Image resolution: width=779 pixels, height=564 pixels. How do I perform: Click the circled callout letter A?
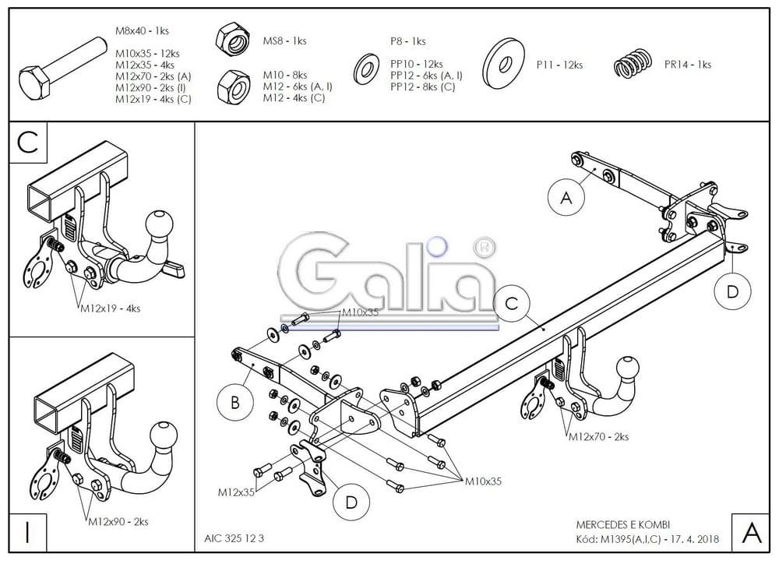(x=566, y=198)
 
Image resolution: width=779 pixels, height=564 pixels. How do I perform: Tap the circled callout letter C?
(x=512, y=304)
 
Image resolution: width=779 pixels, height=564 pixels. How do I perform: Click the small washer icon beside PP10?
(x=365, y=69)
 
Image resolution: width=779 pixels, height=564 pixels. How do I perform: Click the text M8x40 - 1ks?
(x=142, y=31)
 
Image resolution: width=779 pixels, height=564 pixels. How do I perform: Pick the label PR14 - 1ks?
(x=687, y=65)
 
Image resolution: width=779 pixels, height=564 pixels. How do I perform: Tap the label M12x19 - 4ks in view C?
(x=110, y=308)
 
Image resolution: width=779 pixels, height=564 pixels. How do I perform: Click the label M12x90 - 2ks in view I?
(x=117, y=521)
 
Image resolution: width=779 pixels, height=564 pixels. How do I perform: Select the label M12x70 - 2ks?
(x=598, y=436)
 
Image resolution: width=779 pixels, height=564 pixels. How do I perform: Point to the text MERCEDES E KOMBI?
(x=622, y=524)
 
